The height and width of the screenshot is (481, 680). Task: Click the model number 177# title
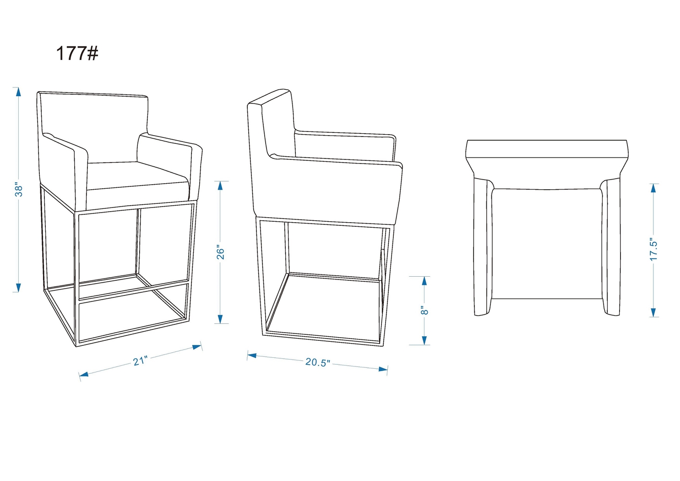77,54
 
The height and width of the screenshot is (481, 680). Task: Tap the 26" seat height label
221,251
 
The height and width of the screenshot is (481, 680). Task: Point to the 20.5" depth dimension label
317,362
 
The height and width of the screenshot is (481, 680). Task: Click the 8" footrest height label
424,310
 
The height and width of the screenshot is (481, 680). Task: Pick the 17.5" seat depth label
653,251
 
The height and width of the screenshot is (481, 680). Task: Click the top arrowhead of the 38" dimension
18,92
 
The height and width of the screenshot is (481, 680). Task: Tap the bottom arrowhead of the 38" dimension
18,287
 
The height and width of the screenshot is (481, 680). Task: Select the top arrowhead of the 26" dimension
220,186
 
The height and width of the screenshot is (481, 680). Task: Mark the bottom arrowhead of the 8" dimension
424,340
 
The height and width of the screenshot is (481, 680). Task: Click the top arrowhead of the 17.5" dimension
654,188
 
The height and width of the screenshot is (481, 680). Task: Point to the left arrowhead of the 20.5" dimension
252,355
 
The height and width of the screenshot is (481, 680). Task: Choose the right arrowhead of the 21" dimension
197,347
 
